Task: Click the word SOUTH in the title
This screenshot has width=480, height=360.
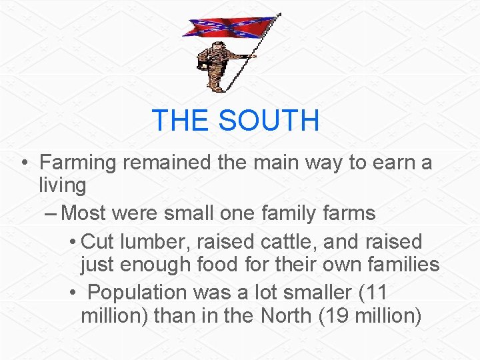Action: point(269,121)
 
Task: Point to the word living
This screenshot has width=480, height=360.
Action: point(63,185)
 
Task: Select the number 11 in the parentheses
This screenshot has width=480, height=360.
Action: point(373,292)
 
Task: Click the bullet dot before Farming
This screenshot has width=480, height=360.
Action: point(23,163)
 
